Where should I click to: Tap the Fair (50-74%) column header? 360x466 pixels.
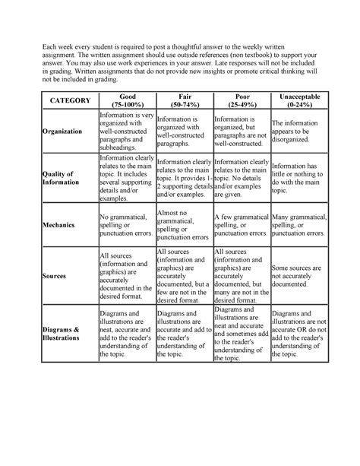(182, 100)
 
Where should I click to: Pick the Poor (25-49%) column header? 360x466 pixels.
(240, 100)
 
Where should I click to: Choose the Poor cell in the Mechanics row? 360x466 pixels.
(240, 225)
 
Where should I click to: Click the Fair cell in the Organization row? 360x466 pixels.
(182, 132)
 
